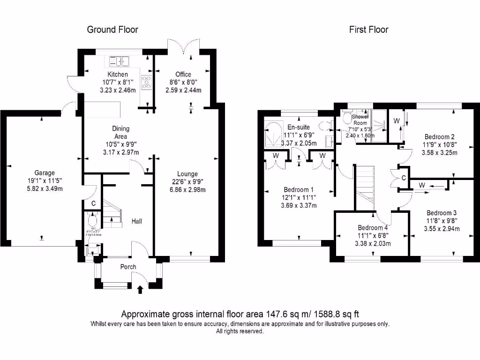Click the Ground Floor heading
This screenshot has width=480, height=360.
coord(112,30)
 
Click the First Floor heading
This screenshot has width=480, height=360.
coord(368,30)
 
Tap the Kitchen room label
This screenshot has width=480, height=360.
coord(118,75)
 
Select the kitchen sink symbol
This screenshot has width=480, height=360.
coord(120,61)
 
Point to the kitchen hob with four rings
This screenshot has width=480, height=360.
coord(147,82)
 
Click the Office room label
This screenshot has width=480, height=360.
coord(183,75)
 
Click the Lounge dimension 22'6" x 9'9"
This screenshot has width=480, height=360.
coord(187,182)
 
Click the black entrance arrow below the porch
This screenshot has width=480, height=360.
coord(140,290)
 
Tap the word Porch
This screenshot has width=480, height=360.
coord(128,267)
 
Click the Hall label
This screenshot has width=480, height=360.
coord(136,221)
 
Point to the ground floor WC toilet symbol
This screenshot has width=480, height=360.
coord(91,219)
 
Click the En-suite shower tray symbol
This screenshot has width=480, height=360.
coord(273,131)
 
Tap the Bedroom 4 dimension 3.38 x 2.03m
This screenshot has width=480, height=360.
coord(374,243)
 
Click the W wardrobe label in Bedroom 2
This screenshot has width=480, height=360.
coord(396,121)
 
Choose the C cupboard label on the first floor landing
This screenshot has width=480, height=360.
coord(403,178)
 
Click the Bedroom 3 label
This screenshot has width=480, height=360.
coord(442,213)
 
